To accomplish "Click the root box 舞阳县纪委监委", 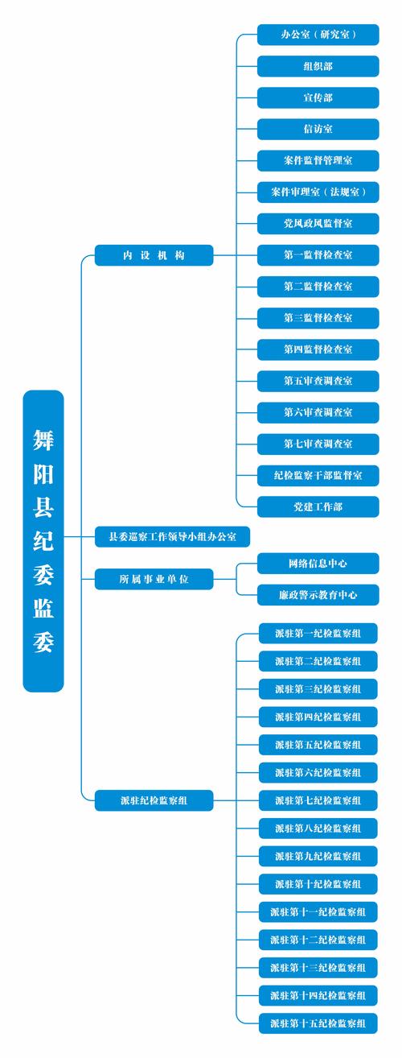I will click(x=43, y=540).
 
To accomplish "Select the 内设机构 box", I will click(x=154, y=255).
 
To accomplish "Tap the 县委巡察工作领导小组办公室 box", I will click(x=172, y=535).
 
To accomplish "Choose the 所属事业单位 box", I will click(x=154, y=578).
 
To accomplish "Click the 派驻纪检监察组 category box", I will click(x=154, y=800).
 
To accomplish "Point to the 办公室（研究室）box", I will click(x=318, y=35).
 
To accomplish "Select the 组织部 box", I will click(x=318, y=66).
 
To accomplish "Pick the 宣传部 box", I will click(x=318, y=97).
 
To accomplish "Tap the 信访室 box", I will click(x=318, y=129).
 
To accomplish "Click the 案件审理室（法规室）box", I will click(x=318, y=192).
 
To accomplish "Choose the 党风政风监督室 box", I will click(x=318, y=223).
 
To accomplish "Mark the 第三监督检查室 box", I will click(x=318, y=317).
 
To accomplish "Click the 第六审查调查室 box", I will click(x=318, y=411).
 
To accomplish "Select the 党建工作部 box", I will click(x=318, y=506).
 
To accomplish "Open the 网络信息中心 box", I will click(x=318, y=563).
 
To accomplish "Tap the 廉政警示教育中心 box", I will click(x=318, y=595).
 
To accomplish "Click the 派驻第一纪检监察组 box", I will click(x=318, y=634).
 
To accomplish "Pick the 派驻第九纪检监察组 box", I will click(x=318, y=856).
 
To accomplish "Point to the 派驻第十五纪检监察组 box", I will click(x=318, y=1023).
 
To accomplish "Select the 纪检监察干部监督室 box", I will click(x=318, y=475).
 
